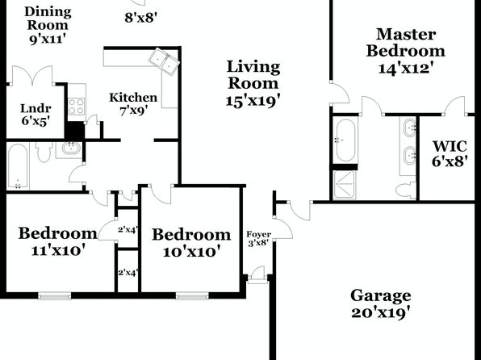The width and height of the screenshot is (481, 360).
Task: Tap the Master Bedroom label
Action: click(405, 43)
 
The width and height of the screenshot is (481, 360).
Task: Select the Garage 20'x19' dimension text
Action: click(381, 312)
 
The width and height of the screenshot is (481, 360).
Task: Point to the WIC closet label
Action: click(450, 146)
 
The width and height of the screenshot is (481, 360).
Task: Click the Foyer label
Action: click(258, 234)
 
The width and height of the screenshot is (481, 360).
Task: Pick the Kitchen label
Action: click(133, 98)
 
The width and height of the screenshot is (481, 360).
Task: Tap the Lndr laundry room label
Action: click(36, 108)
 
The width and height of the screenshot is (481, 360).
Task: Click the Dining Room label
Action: click(48, 19)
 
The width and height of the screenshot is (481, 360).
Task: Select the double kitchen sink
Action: click(164, 61)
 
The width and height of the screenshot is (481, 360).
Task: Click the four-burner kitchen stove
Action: click(77, 107)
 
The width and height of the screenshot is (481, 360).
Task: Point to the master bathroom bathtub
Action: click(345, 140)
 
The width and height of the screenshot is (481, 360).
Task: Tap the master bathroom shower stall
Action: click(345, 185)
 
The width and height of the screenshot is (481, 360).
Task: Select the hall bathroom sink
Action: click(71, 149)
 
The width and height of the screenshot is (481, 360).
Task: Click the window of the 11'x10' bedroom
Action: click(55, 296)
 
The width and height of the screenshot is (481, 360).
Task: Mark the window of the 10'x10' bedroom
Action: click(192, 296)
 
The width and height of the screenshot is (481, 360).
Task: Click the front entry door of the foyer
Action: click(257, 277)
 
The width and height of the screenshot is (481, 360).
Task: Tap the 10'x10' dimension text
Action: click(191, 253)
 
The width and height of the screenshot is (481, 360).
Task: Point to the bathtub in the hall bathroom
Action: click(18, 166)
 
